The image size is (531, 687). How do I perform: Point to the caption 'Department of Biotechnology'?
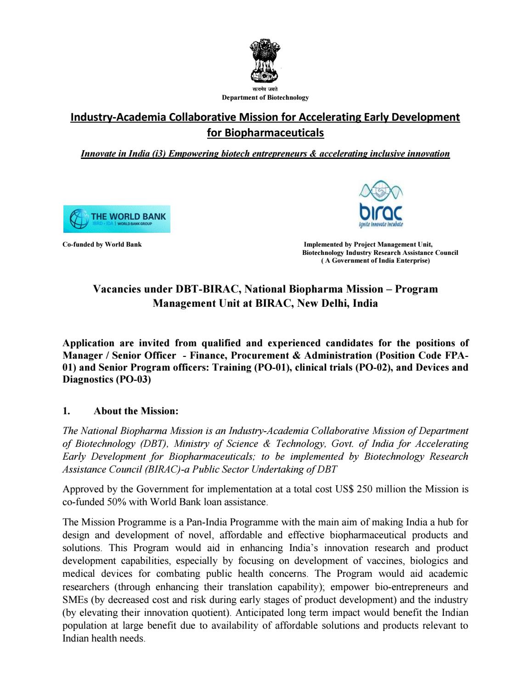[x=265, y=97]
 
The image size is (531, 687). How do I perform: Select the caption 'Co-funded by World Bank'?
[x=102, y=244]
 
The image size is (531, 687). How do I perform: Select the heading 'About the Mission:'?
[x=136, y=411]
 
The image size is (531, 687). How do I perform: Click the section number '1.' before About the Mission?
[x=66, y=411]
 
